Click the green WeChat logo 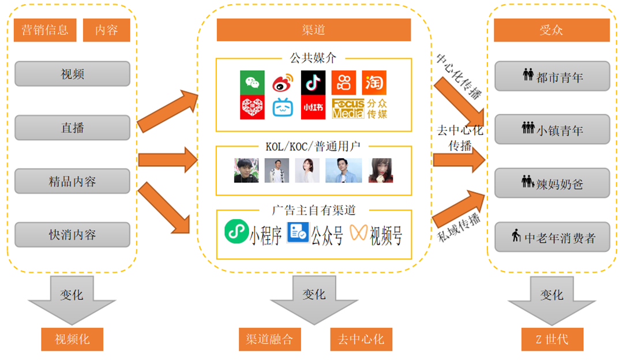click(x=252, y=82)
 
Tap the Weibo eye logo click(x=283, y=82)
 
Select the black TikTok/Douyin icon click(x=313, y=82)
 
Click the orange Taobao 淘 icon click(x=374, y=82)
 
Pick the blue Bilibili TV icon click(x=283, y=107)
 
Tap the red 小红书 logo click(x=313, y=107)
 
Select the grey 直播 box click(x=72, y=127)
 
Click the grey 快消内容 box click(x=72, y=235)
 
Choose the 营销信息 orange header click(x=45, y=30)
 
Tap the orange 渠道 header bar click(x=313, y=30)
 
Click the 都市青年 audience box click(x=552, y=76)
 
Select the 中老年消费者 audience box click(x=552, y=237)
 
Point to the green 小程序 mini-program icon click(x=237, y=231)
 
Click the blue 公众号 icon click(x=298, y=232)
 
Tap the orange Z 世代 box click(x=552, y=339)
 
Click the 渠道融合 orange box click(x=270, y=339)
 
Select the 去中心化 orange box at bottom click(x=361, y=339)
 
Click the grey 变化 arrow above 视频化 click(x=72, y=300)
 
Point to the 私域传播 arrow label click(x=459, y=227)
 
